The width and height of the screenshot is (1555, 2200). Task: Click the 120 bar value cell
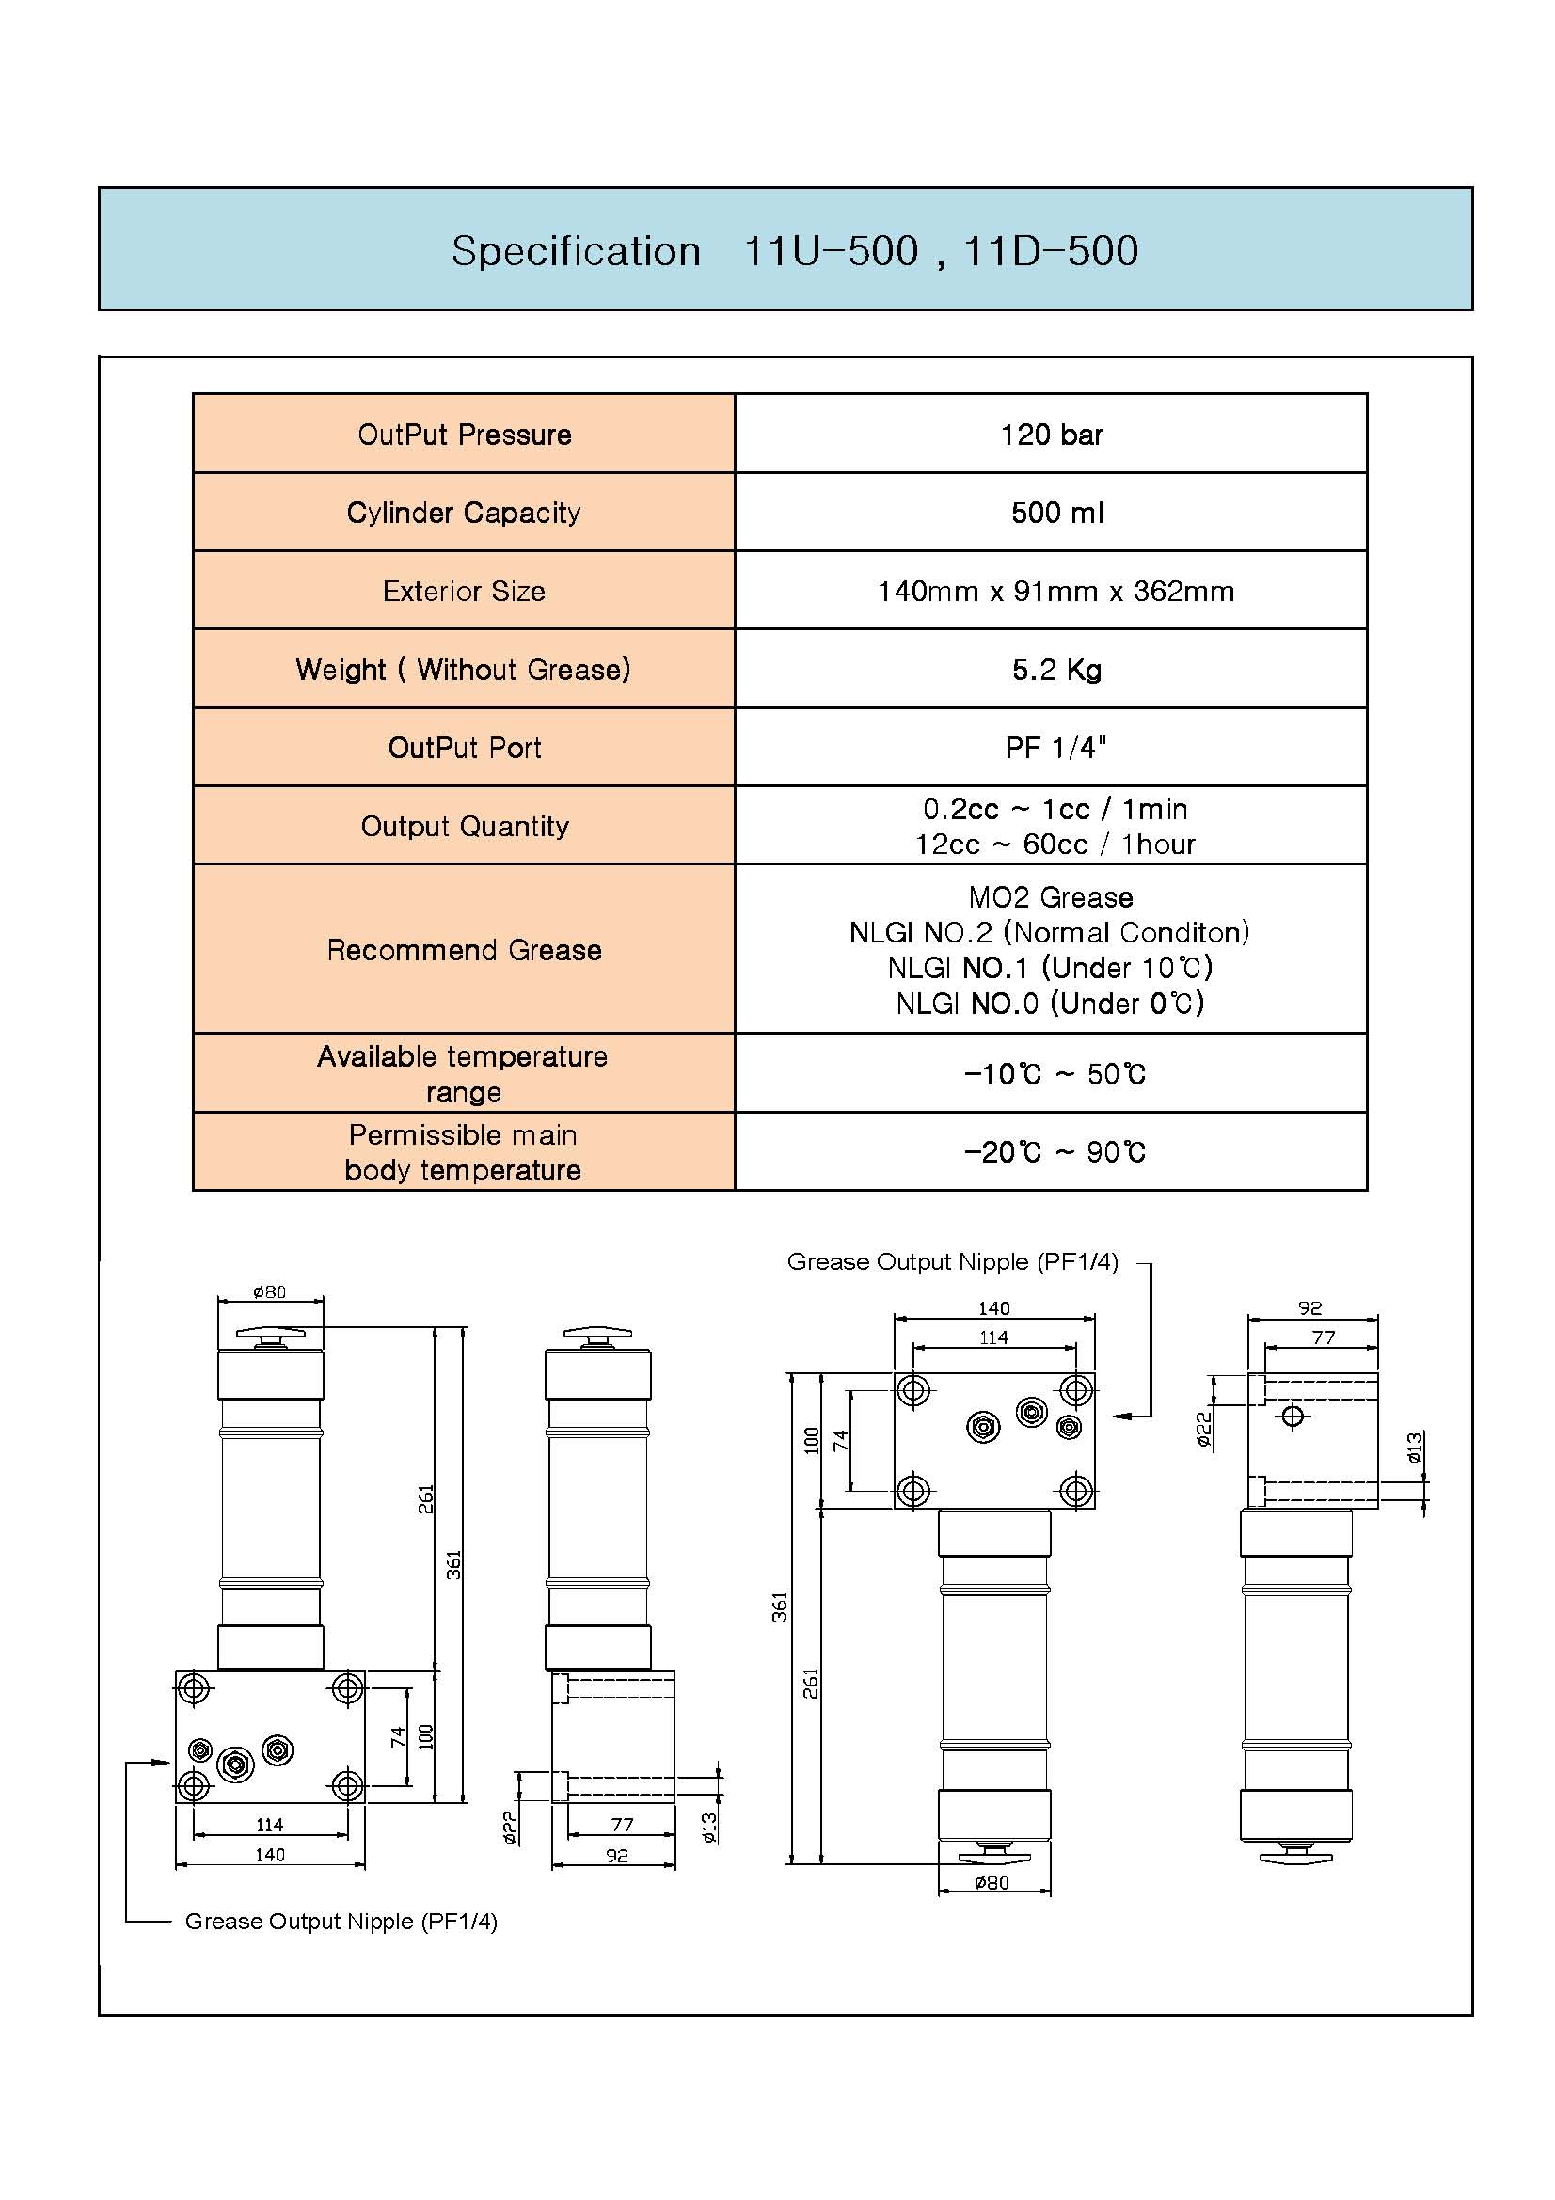click(1051, 434)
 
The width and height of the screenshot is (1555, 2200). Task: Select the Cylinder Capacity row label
click(464, 513)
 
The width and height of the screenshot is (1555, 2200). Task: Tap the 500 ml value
click(1056, 513)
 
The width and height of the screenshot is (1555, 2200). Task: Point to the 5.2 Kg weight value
click(1056, 670)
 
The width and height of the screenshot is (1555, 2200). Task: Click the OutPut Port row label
click(465, 748)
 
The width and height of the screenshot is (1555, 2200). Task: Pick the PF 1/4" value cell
click(1051, 748)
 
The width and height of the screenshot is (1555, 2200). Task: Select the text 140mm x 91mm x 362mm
click(1055, 592)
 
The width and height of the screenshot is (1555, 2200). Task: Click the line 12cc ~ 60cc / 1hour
click(1055, 844)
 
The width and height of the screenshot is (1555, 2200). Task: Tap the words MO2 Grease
click(1051, 898)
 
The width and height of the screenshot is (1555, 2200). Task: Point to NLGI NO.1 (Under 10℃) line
click(1050, 968)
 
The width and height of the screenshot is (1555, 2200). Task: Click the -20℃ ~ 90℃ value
click(1055, 1152)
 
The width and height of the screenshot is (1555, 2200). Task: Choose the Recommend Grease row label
click(465, 950)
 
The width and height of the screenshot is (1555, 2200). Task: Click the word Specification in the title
click(577, 252)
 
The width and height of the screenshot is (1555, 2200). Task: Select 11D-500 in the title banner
click(1051, 251)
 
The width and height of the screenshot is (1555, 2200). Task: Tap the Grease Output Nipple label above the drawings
click(952, 1262)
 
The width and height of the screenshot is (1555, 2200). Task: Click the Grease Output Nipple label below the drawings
click(341, 1922)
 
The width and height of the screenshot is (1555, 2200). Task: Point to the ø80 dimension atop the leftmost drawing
click(269, 1291)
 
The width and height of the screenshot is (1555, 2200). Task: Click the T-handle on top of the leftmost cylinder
click(270, 1337)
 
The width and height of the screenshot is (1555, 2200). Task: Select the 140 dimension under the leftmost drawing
click(269, 1855)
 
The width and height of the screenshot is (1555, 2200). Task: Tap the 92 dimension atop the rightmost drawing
click(1309, 1308)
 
